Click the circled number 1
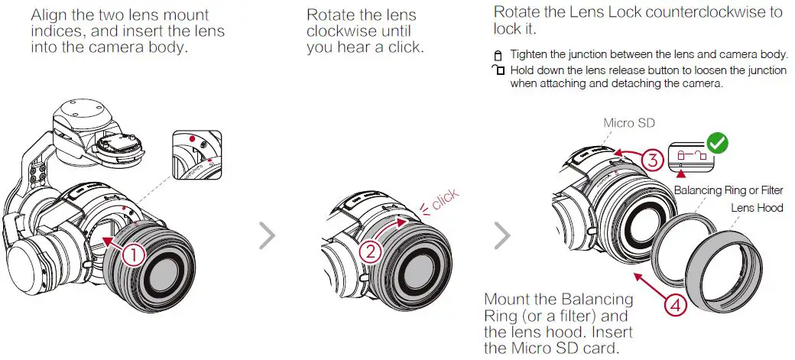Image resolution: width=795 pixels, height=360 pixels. click(133, 255)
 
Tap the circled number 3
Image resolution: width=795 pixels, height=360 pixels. click(653, 161)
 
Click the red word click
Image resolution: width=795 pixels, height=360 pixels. click(445, 199)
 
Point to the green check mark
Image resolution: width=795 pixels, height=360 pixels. click(718, 144)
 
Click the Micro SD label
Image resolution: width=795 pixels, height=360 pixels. click(628, 123)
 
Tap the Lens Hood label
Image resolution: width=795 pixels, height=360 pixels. click(757, 207)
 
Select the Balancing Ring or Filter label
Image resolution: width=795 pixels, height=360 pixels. click(728, 190)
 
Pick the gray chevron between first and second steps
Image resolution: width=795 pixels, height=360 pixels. click(267, 235)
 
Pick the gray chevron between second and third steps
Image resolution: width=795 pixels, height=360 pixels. click(502, 235)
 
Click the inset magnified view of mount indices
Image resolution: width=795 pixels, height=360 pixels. click(196, 154)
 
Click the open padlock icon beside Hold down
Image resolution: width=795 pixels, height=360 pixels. click(498, 70)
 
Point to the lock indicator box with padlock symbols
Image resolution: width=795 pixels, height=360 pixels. click(691, 156)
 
